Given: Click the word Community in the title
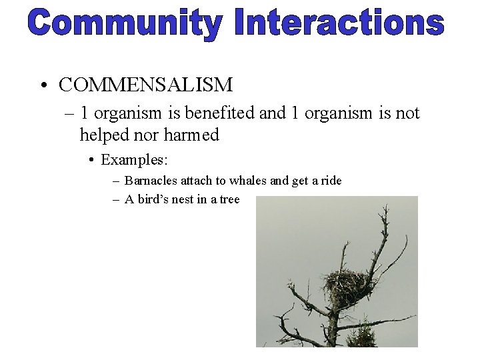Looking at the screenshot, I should (124, 24).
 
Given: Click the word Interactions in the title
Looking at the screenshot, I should (339, 24).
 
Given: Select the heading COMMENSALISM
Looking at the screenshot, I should (145, 85).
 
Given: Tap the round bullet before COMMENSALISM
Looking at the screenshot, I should (43, 86).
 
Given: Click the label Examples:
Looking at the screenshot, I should (135, 160).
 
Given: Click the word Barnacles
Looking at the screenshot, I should (151, 181).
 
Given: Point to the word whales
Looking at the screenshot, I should (250, 181).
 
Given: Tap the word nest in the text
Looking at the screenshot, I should (187, 199).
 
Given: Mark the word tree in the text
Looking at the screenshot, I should (228, 199).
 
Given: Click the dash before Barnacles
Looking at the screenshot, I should (116, 181).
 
